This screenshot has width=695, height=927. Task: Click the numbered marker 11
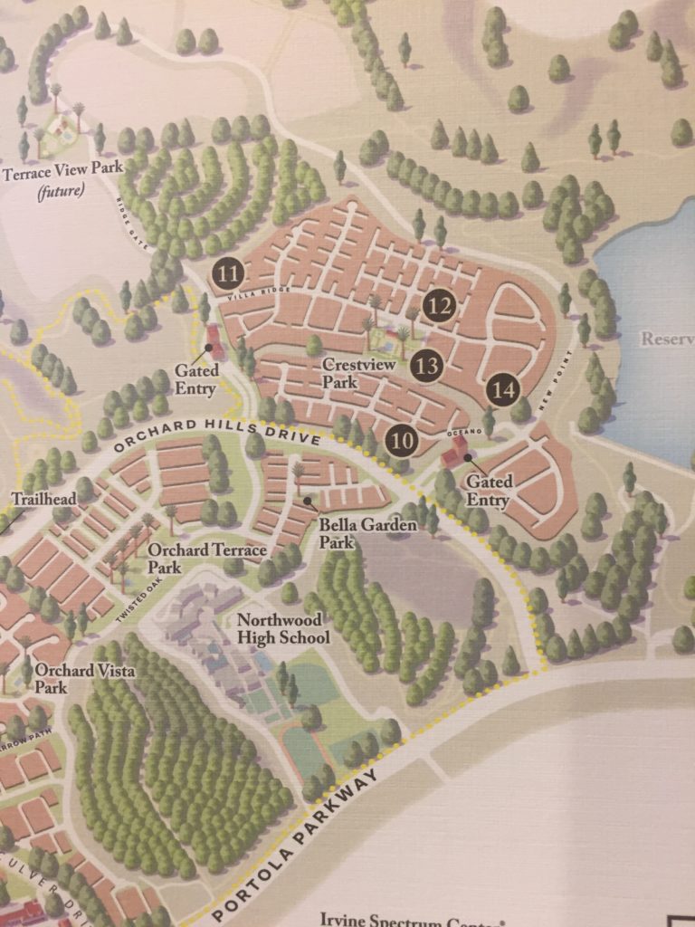tap(229, 272)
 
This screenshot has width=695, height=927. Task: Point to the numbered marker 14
tap(503, 390)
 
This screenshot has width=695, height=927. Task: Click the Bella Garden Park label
tap(367, 532)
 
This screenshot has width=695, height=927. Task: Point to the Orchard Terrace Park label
tap(207, 559)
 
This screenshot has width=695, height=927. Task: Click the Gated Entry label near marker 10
tap(488, 490)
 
